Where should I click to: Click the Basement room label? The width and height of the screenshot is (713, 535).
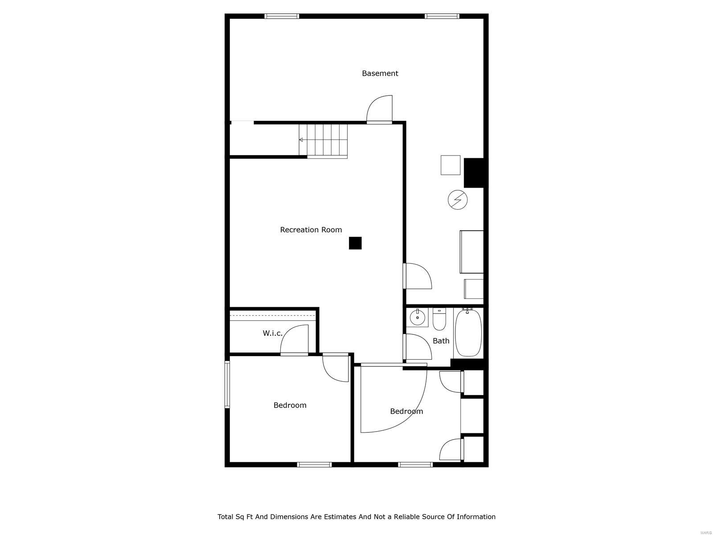coord(380,74)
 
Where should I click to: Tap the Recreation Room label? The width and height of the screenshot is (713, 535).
coord(311,230)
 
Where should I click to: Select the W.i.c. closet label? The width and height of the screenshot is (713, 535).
coord(272,333)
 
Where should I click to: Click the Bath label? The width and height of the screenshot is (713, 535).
coord(441,341)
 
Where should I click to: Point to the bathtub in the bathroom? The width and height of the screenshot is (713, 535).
coord(468,332)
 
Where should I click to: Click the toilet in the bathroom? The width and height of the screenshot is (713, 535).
coord(439,319)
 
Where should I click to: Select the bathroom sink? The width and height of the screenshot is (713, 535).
coord(418,317)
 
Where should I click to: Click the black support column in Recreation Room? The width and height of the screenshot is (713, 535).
coord(355,243)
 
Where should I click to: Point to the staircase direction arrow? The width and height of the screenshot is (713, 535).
coord(301,140)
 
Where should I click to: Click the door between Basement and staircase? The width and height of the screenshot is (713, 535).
coord(380,109)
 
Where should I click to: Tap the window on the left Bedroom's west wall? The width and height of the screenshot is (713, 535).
coord(227,384)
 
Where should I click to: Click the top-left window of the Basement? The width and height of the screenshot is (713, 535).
coord(281,16)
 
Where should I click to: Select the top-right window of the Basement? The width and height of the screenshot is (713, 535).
coord(442,16)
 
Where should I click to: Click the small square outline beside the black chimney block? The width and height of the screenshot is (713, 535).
coord(451,165)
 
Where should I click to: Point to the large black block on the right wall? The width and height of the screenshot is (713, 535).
coord(474,173)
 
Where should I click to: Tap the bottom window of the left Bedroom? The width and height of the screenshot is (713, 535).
coord(315,465)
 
